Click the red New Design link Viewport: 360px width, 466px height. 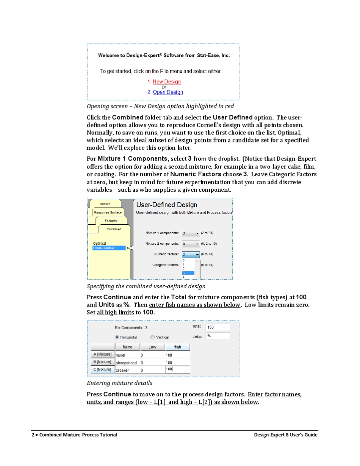tap(166, 82)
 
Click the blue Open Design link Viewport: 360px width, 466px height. tap(168, 92)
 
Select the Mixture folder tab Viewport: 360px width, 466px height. tap(105, 204)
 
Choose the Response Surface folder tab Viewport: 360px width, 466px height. tap(108, 213)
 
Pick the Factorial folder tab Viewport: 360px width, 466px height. tap(111, 221)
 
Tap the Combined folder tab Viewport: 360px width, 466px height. tap(114, 229)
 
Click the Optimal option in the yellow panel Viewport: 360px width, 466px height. tap(100, 243)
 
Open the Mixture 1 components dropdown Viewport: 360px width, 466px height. tap(191, 233)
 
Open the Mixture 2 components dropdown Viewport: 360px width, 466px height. tap(191, 244)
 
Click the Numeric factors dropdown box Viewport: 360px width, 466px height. tap(191, 254)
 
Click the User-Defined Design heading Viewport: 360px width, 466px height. tap(167, 205)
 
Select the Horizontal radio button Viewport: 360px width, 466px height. tap(117, 337)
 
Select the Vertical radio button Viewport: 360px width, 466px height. tap(152, 337)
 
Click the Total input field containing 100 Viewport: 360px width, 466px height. tap(218, 327)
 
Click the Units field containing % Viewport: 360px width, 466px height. tap(218, 336)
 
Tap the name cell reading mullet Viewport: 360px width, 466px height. tap(127, 355)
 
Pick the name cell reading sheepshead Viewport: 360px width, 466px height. tap(127, 363)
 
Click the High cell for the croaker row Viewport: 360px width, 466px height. tap(177, 369)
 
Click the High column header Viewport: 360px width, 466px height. tap(177, 347)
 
